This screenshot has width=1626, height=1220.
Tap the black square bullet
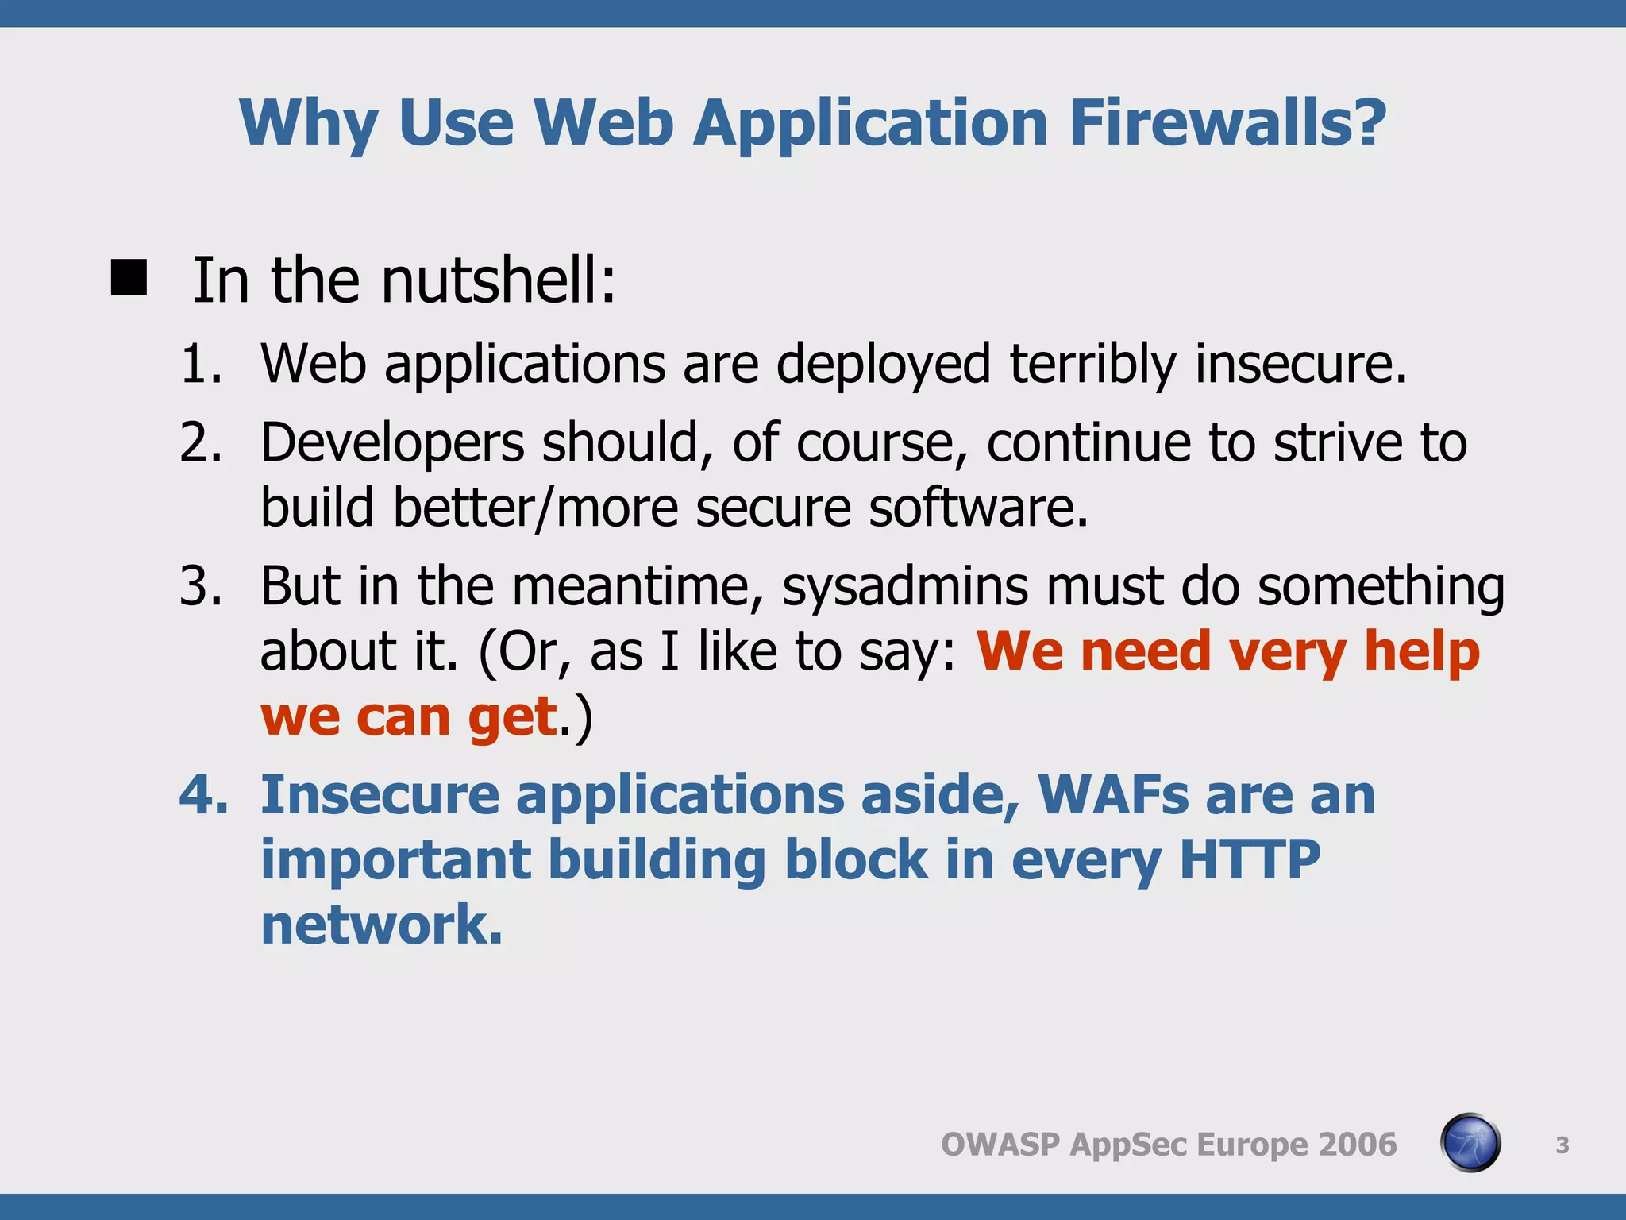129,278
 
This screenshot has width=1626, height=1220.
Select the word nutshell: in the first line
499,281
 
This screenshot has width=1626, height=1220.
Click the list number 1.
200,364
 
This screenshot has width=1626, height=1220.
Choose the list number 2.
200,442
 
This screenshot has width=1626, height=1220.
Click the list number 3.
200,586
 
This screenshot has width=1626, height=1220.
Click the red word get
513,717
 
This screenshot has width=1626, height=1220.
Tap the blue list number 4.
202,794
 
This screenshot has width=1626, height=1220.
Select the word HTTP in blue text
1250,859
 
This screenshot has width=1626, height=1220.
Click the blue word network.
381,925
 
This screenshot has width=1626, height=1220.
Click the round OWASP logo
1470,1143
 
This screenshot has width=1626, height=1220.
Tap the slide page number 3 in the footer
1562,1145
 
